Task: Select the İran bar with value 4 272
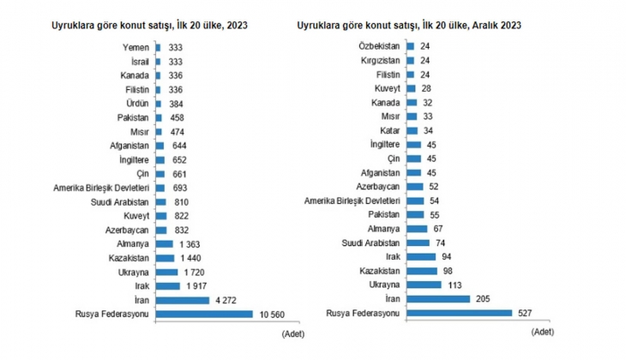[x=182, y=300]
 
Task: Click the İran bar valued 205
[x=437, y=298]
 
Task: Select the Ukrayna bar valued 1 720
[x=166, y=271]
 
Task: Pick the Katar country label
[x=388, y=130]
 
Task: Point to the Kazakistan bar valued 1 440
[x=165, y=257]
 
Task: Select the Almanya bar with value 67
[x=416, y=229]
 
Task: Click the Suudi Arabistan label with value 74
[x=371, y=243]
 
